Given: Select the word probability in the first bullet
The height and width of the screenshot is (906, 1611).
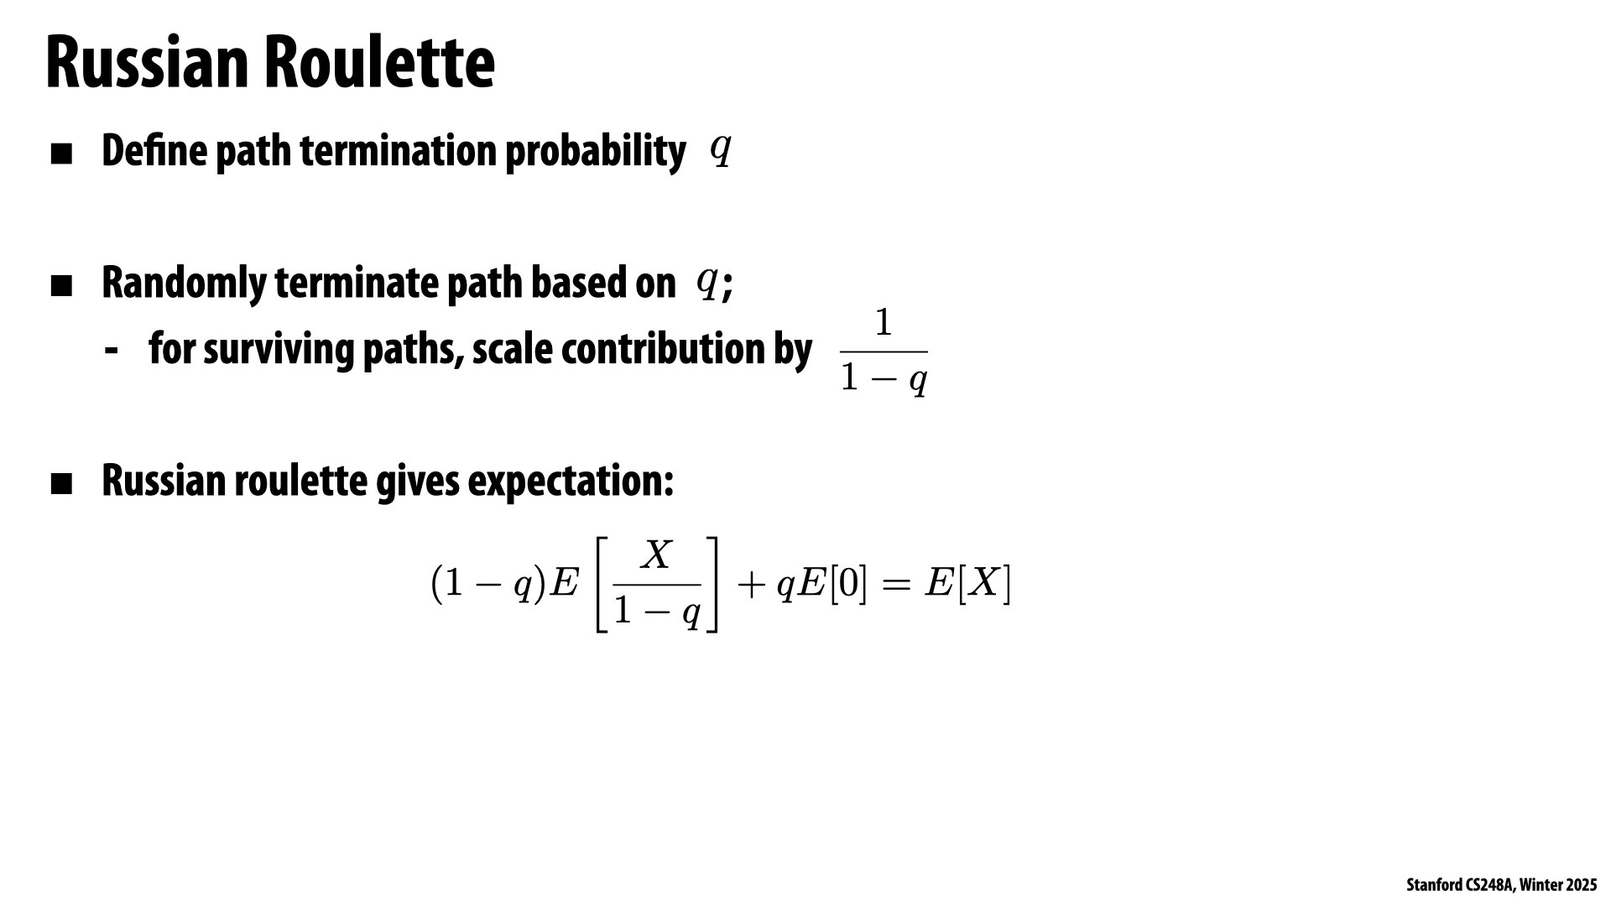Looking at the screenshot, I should tap(595, 152).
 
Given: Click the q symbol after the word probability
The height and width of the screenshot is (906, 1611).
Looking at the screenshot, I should tap(721, 149).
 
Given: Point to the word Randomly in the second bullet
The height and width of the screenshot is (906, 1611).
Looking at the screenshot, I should tap(184, 283).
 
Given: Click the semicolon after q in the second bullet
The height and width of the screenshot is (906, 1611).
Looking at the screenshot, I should tap(727, 285).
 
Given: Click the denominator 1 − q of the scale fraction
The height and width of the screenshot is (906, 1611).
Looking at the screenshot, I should tap(884, 379).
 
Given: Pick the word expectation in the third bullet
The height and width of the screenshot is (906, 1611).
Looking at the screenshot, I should tap(570, 481).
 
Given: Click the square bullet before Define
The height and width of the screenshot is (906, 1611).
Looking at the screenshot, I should tap(62, 154).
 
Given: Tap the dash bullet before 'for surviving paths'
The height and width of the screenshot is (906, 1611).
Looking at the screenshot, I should tap(111, 349).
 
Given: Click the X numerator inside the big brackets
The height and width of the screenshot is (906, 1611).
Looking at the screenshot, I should tap(657, 555).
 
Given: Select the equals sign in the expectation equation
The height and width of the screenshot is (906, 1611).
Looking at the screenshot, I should tap(895, 585).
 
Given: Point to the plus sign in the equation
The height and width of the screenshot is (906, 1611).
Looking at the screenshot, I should tap(751, 585).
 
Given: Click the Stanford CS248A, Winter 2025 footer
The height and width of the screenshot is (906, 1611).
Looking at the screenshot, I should tap(1501, 885).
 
